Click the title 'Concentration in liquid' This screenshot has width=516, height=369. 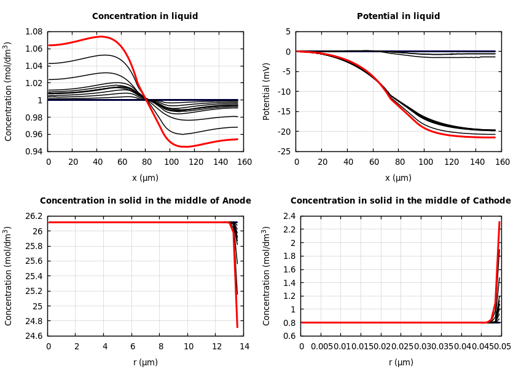point(145,17)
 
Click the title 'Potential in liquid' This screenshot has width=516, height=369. point(398,17)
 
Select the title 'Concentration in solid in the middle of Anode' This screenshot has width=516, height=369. point(145,201)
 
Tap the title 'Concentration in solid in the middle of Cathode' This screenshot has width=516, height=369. point(401,201)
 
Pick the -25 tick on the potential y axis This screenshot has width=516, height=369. point(284,151)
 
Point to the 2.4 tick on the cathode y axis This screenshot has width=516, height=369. point(289,216)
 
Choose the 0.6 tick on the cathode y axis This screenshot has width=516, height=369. point(289,336)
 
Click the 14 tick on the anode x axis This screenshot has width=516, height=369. point(244,347)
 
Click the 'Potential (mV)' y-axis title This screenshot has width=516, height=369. point(267,91)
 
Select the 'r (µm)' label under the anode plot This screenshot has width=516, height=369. point(145,362)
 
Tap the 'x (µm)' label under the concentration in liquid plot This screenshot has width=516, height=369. point(145,178)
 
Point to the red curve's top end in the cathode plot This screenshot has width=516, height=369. point(499,222)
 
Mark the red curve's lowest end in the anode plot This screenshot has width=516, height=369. point(237,327)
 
